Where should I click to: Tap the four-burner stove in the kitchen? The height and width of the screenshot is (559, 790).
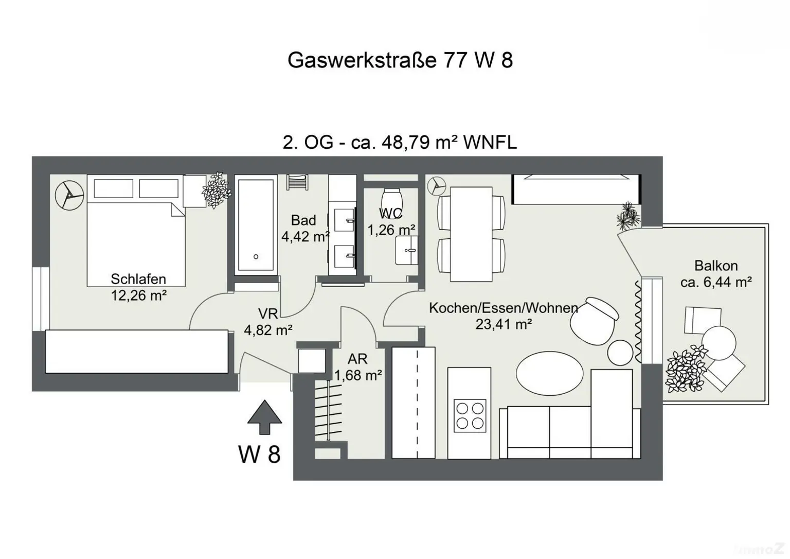[470, 415]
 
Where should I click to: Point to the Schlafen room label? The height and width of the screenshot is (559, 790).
[138, 279]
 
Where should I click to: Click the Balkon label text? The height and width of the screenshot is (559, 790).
[715, 266]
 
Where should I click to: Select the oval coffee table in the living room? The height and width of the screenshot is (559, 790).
[549, 372]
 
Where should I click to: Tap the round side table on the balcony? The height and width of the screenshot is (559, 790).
[719, 343]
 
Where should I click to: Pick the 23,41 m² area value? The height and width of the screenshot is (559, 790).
[503, 324]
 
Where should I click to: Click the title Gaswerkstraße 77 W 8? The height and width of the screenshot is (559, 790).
[400, 60]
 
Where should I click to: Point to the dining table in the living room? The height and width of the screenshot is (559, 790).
[471, 232]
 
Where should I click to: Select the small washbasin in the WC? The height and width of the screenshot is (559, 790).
[406, 251]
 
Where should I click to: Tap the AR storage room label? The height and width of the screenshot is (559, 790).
[357, 359]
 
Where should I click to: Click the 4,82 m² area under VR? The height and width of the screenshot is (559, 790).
[268, 330]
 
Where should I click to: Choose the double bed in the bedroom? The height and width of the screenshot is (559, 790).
[136, 232]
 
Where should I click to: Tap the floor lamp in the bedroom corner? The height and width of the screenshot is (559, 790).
[69, 195]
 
